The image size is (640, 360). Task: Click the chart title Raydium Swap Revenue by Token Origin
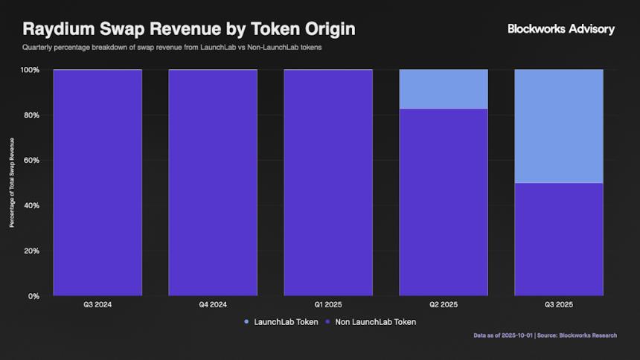pyautogui.click(x=188, y=29)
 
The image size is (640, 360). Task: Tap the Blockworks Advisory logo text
pyautogui.click(x=561, y=29)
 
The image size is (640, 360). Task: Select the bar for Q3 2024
pyautogui.click(x=97, y=183)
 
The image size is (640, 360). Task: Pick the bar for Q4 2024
pyautogui.click(x=213, y=183)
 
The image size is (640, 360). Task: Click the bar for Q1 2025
pyautogui.click(x=328, y=183)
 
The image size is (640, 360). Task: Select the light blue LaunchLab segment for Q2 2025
pyautogui.click(x=444, y=89)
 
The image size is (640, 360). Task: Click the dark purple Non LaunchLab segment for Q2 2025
pyautogui.click(x=444, y=202)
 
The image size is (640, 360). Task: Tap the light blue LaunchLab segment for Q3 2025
pyautogui.click(x=559, y=126)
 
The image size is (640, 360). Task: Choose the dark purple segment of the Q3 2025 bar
pyautogui.click(x=559, y=240)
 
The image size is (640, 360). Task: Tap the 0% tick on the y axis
pyautogui.click(x=34, y=296)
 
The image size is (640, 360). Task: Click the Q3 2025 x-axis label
pyautogui.click(x=559, y=305)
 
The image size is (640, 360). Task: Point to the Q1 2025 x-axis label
pyautogui.click(x=328, y=305)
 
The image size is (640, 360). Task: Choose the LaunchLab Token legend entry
pyautogui.click(x=281, y=322)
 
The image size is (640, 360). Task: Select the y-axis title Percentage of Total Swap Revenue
pyautogui.click(x=11, y=183)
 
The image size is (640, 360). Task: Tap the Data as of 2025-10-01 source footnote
pyautogui.click(x=545, y=335)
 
